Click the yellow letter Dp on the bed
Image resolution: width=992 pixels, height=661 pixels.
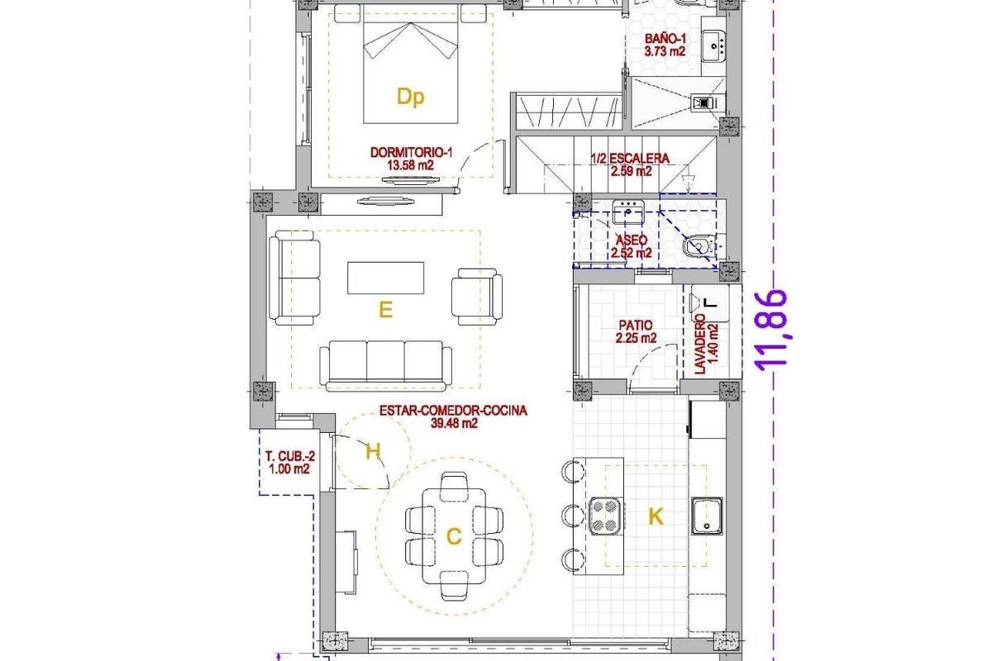[x=410, y=97]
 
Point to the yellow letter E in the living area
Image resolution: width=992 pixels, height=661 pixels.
[x=384, y=310]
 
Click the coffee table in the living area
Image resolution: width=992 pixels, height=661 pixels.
[x=385, y=278]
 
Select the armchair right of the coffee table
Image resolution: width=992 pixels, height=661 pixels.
[x=477, y=295]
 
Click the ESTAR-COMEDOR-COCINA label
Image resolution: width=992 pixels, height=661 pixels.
[x=454, y=416]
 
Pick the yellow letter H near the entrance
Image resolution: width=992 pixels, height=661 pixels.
[x=373, y=451]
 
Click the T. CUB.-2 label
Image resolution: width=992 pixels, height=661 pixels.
[x=287, y=462]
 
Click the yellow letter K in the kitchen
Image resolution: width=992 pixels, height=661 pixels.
[x=656, y=517]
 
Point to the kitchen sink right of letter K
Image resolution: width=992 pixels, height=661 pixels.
[x=708, y=516]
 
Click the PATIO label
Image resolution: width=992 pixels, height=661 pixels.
[x=636, y=331]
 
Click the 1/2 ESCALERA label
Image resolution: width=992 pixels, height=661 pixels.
[x=630, y=164]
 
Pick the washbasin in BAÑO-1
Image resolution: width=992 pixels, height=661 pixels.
[x=713, y=45]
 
